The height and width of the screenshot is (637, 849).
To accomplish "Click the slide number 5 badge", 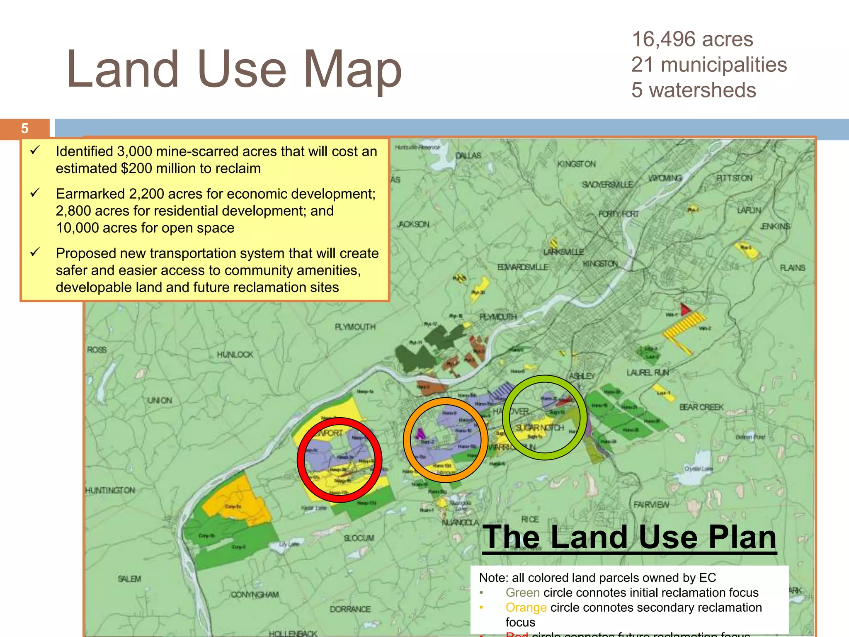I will (25, 129).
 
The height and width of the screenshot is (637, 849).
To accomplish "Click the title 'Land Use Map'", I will (234, 69).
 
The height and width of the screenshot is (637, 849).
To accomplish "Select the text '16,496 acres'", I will (692, 39).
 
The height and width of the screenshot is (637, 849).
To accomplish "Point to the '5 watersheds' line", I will (694, 90).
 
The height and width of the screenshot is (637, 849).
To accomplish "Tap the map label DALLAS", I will (468, 156).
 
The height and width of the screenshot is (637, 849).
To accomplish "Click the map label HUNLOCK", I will (235, 355).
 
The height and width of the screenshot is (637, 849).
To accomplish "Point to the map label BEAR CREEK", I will (701, 407).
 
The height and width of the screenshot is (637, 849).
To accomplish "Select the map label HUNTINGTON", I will (110, 490).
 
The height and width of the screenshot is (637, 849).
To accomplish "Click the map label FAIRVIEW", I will (651, 504).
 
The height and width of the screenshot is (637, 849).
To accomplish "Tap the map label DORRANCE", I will (350, 609).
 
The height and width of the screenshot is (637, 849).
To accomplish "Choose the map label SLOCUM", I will (359, 538).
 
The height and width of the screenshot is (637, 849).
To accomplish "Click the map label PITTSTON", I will (734, 178).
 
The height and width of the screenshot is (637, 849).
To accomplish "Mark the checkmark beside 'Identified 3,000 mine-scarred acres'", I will (35, 150).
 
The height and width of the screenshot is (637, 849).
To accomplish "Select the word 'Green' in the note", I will (522, 592).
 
